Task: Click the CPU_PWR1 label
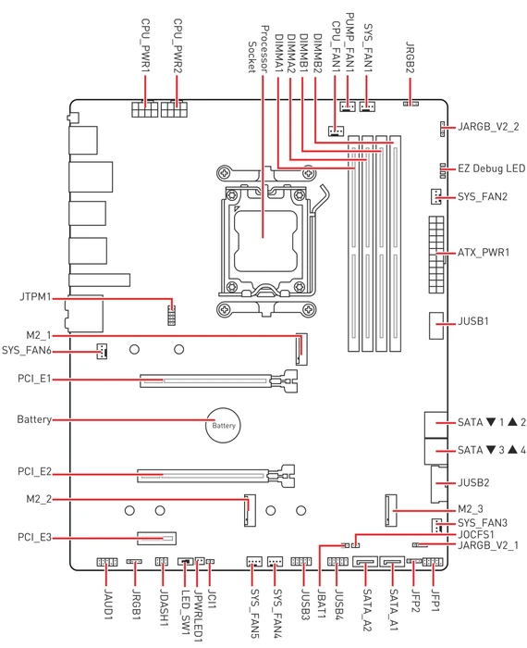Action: click(145, 45)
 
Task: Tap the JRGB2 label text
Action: click(410, 57)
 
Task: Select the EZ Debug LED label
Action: click(491, 168)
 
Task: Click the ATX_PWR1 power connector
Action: click(436, 255)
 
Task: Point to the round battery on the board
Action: click(223, 425)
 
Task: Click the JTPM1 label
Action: click(35, 297)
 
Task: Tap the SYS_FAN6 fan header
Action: click(102, 351)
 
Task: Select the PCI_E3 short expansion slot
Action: click(156, 538)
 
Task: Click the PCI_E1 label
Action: click(34, 379)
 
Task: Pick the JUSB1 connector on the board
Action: click(436, 325)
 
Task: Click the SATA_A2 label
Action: click(366, 610)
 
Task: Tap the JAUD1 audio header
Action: click(107, 562)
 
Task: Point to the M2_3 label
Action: click(471, 509)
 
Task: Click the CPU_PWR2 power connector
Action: click(174, 108)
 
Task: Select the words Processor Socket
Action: click(258, 49)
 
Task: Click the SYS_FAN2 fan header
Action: click(435, 196)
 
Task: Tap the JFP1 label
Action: click(435, 600)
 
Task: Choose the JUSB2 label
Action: click(473, 482)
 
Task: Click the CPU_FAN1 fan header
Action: click(336, 131)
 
